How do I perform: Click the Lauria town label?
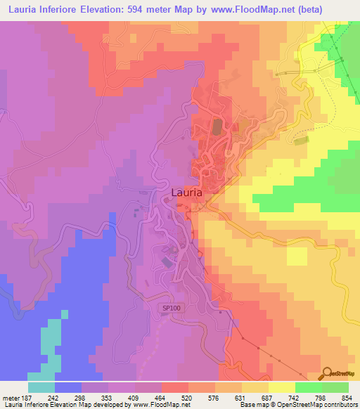[x=187, y=191]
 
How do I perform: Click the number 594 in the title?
[x=151, y=9]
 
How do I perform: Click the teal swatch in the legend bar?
[x=41, y=387]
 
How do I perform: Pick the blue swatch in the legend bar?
[x=68, y=387]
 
